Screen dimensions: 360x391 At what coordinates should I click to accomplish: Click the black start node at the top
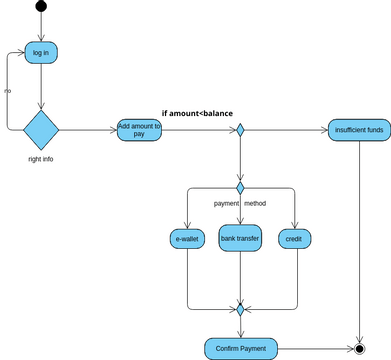(41, 8)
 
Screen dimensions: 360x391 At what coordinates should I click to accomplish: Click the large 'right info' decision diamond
(41, 129)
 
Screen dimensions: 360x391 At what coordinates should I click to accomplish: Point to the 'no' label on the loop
(8, 92)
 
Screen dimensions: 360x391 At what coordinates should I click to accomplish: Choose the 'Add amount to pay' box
(140, 130)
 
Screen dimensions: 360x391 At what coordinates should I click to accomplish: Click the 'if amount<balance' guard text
(197, 113)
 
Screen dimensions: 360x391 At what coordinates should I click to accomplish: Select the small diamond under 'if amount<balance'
(240, 130)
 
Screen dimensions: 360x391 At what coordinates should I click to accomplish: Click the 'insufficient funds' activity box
(358, 130)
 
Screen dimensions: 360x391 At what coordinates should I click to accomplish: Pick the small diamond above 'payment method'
(240, 187)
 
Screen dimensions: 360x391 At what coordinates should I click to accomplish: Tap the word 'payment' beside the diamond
(226, 204)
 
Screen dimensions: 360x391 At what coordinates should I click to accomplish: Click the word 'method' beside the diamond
(255, 204)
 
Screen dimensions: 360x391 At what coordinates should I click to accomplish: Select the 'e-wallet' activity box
(186, 239)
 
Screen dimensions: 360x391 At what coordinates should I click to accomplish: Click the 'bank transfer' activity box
(240, 239)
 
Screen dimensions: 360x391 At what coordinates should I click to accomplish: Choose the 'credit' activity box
(294, 239)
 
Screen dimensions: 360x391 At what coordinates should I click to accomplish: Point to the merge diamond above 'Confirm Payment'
(240, 309)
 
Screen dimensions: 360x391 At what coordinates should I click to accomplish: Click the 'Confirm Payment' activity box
(240, 348)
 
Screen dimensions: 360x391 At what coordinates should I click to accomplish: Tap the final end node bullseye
(359, 348)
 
